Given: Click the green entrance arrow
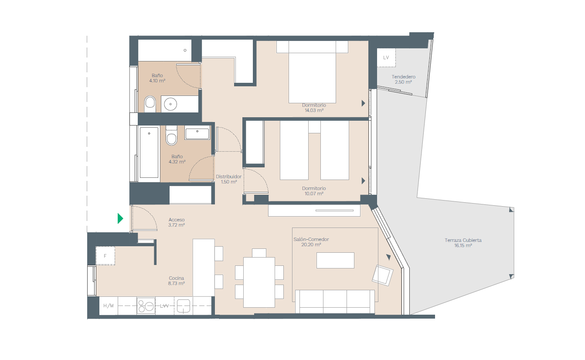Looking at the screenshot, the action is coord(120,218).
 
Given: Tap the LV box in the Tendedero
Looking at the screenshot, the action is coord(386,58).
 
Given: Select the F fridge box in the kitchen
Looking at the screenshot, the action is coord(105,256).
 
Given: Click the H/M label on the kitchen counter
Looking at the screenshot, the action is coord(109,306).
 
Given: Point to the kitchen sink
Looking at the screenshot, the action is coord(184,306).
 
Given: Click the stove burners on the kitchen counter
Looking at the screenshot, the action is coord(146,306).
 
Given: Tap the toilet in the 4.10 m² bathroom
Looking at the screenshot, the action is coord(150,104).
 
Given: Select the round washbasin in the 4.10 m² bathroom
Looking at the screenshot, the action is coord(170,104).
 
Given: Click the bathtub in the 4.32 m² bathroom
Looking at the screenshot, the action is coord(149,153).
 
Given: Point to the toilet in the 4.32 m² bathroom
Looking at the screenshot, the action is coord(171,136).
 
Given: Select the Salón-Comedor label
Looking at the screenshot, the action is coord(311,239).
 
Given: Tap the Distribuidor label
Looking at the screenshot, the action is coord(228,177).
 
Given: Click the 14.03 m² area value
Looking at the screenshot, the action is coord(314,110).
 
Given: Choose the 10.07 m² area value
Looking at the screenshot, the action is coord(314,194).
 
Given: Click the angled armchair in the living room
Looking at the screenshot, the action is coord(383,275).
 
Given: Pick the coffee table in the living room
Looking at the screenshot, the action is coord(335,260).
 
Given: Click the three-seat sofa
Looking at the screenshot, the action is coord(335,301).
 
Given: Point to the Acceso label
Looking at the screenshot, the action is coord(177,220).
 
